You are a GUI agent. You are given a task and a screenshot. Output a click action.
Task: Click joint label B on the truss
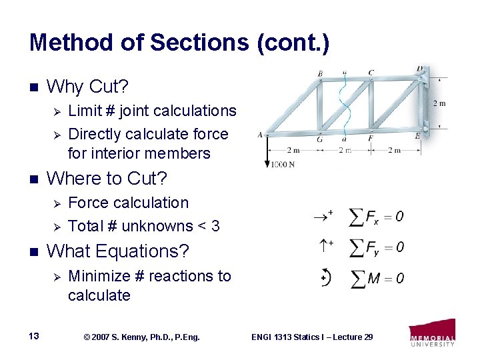click(321, 73)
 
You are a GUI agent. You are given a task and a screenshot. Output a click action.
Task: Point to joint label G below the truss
click(320, 140)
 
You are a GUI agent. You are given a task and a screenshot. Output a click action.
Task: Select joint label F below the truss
click(371, 139)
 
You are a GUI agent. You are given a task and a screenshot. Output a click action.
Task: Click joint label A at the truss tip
click(259, 134)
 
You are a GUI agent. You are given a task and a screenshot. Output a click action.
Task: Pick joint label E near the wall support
click(417, 135)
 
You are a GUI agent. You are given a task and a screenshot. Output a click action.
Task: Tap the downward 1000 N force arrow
click(267, 151)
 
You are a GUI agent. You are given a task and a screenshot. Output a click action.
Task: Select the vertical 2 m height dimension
click(439, 103)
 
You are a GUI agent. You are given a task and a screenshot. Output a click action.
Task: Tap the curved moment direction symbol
click(325, 277)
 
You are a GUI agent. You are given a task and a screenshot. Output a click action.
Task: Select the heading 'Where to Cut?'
click(108, 179)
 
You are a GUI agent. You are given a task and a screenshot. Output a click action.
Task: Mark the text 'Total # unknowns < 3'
click(144, 226)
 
